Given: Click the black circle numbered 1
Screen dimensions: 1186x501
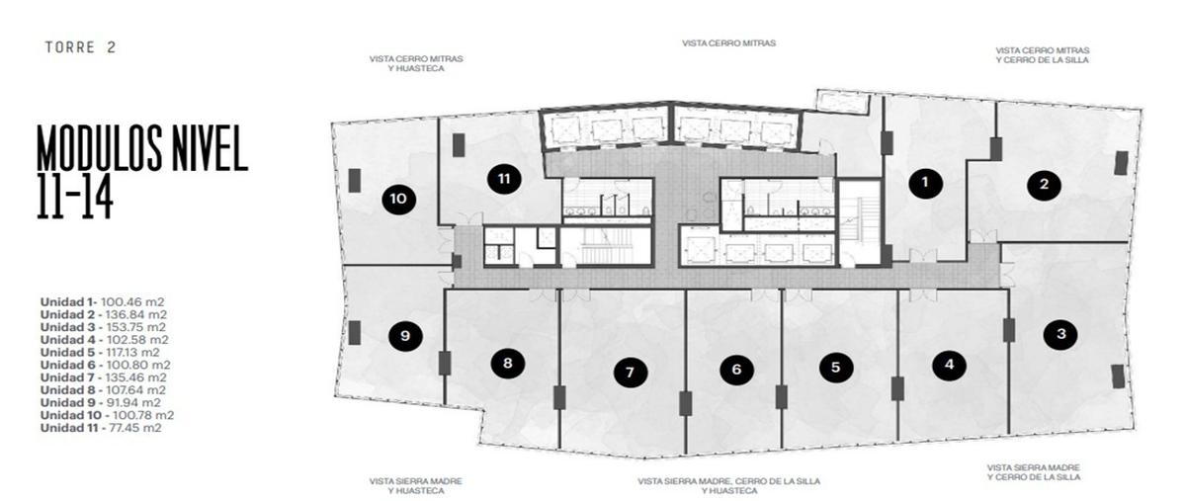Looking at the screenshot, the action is point(925,183).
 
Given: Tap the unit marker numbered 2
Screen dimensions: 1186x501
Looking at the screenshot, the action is point(1044,185).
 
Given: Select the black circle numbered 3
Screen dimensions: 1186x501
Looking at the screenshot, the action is point(1061,334).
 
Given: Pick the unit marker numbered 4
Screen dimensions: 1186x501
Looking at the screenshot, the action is point(950,365).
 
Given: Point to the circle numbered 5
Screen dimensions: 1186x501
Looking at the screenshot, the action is point(836,367).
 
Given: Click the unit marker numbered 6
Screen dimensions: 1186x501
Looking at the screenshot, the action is point(737,370).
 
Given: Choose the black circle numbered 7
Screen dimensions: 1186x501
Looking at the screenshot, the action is point(631,373).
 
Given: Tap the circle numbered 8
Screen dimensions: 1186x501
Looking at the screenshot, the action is point(508,363).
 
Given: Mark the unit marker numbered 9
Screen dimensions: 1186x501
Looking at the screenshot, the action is point(405,336).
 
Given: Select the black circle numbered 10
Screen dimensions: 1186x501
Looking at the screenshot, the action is point(398,199).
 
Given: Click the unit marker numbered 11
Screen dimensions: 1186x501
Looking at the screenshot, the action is point(504,179).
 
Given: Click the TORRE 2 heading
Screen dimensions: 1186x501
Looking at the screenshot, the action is point(80,47).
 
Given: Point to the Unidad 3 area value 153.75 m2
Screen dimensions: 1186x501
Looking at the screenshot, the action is point(136,327).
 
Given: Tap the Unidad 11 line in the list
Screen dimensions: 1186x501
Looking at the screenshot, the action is point(101,428).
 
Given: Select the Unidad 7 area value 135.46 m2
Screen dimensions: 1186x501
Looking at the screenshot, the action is point(136,377).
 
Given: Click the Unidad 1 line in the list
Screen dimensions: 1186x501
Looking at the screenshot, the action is point(102,301).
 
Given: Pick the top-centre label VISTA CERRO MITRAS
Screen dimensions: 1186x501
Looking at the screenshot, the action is point(729,42).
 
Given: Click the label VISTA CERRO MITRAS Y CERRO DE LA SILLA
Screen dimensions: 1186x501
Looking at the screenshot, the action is point(1043,55).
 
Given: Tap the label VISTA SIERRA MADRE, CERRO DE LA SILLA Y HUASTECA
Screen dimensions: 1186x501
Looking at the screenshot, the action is point(729,486).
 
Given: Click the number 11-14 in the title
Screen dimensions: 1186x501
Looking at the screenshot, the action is point(75,196).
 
